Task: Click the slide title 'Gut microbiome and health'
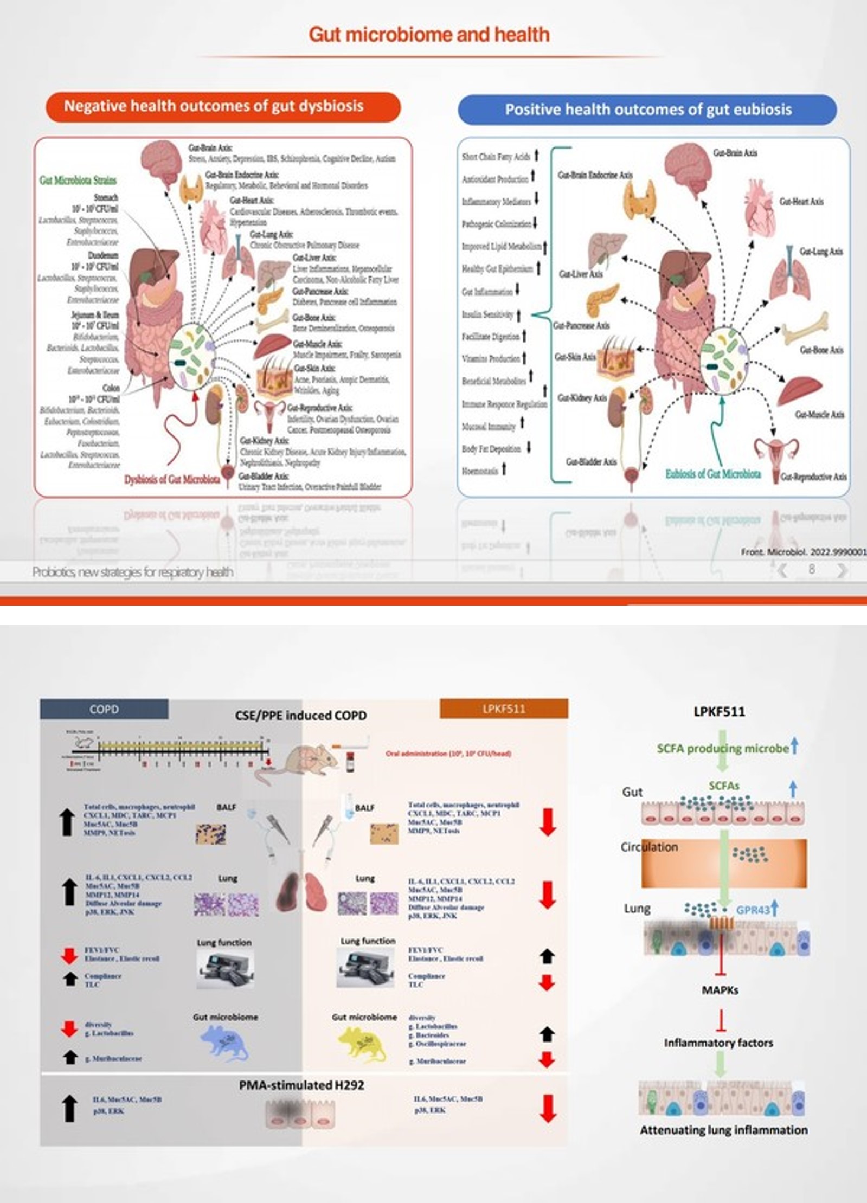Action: tap(429, 35)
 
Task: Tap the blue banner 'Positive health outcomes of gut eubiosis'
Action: tap(647, 110)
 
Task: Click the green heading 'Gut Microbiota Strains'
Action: tap(78, 180)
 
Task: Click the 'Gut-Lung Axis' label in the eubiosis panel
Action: tap(821, 252)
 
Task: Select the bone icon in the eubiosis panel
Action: tap(805, 327)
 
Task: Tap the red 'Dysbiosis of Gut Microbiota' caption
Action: tap(172, 479)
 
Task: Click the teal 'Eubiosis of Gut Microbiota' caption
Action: tap(712, 474)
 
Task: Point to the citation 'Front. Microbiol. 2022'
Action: tap(803, 552)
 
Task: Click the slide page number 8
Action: tap(811, 569)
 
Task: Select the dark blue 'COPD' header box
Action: tap(104, 709)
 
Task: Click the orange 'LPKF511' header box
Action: tap(504, 709)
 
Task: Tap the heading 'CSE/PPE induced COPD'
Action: tap(300, 716)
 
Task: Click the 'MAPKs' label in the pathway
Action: tap(720, 990)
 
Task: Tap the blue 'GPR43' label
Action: tap(753, 910)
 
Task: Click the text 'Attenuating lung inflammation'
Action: tap(723, 1130)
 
